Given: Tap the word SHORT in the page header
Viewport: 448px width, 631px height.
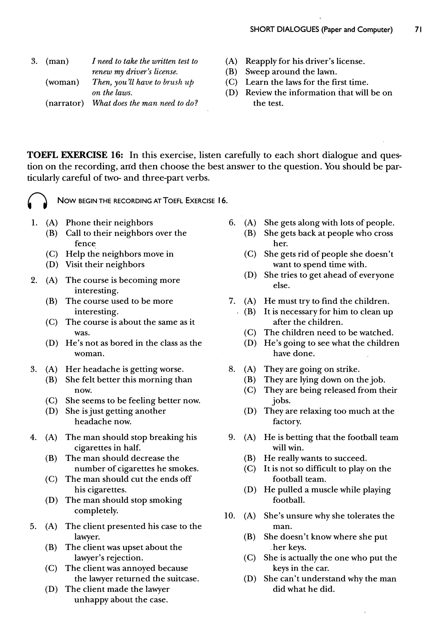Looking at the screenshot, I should (262, 30).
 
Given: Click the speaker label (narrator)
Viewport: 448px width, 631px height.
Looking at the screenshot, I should (65, 103).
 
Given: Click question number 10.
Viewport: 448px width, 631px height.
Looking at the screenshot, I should (229, 516).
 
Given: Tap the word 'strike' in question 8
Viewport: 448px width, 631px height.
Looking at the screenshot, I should (350, 369).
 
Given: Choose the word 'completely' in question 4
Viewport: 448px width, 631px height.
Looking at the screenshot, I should (96, 511).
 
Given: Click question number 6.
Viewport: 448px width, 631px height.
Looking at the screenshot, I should (232, 223).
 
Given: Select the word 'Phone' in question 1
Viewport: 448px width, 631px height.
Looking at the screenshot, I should (78, 223).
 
